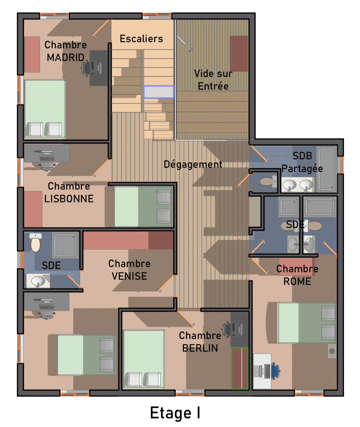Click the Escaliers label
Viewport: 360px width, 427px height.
pyautogui.click(x=141, y=39)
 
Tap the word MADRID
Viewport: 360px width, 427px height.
pyautogui.click(x=65, y=58)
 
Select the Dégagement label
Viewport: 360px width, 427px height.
pyautogui.click(x=193, y=165)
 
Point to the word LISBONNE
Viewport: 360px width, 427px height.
pyautogui.click(x=69, y=199)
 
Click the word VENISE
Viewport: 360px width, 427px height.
pyautogui.click(x=129, y=276)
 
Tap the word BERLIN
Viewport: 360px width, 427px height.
pyautogui.click(x=200, y=348)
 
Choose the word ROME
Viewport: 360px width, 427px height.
pyautogui.click(x=297, y=282)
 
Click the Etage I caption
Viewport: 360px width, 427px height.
pyautogui.click(x=175, y=413)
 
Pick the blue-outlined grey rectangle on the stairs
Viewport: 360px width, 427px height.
pyautogui.click(x=159, y=92)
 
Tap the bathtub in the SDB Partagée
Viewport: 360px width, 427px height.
pyautogui.click(x=327, y=169)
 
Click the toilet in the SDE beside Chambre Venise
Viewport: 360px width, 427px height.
pyautogui.click(x=35, y=242)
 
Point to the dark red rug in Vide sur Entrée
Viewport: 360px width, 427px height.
pyautogui.click(x=239, y=54)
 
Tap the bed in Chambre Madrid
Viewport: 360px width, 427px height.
pyautogui.click(x=45, y=109)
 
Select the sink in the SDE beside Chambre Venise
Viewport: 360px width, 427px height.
pyautogui.click(x=38, y=281)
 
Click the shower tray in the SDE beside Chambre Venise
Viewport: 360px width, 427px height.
pyautogui.click(x=65, y=245)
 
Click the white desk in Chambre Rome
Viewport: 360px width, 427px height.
pyautogui.click(x=262, y=371)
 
